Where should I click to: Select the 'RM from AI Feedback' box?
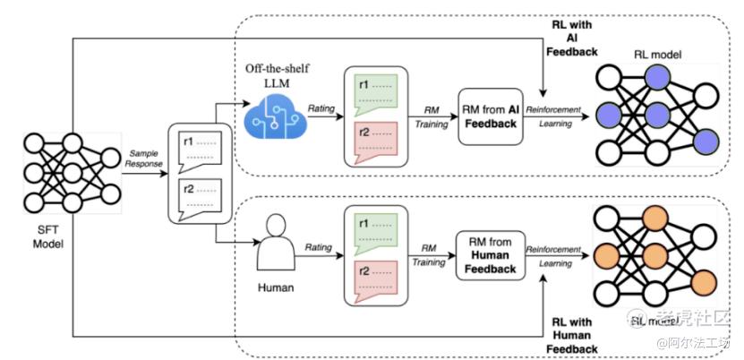489,115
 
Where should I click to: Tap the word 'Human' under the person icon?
276,288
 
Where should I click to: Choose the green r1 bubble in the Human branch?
375,230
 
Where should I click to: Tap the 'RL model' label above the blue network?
658,55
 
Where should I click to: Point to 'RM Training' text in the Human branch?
429,256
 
